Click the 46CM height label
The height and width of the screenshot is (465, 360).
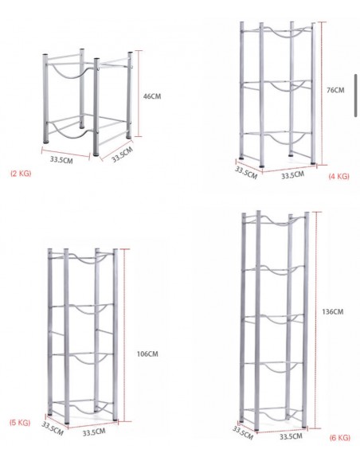click(x=152, y=96)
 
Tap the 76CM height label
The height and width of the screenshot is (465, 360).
click(x=335, y=90)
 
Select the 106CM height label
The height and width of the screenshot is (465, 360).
click(x=147, y=354)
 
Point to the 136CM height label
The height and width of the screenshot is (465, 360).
click(x=333, y=311)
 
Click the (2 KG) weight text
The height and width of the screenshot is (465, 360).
click(x=21, y=174)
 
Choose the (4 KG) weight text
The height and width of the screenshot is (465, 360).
click(x=339, y=177)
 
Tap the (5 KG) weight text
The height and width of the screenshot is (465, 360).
click(x=20, y=423)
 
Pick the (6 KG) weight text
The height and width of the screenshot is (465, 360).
click(x=340, y=438)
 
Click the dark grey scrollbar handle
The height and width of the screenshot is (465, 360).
click(x=355, y=96)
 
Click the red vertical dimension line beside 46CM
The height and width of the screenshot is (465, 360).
click(x=139, y=93)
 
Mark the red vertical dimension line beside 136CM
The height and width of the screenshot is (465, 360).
click(x=317, y=320)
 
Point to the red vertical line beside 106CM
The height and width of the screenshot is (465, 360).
click(x=124, y=335)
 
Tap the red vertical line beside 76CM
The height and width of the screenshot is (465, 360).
click(x=322, y=93)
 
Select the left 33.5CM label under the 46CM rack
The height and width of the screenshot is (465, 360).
click(x=61, y=160)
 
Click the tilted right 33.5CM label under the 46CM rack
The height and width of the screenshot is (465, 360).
click(x=122, y=154)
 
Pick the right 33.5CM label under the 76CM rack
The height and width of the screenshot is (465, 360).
click(x=292, y=175)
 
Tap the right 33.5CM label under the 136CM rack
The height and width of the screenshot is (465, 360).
click(x=291, y=436)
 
